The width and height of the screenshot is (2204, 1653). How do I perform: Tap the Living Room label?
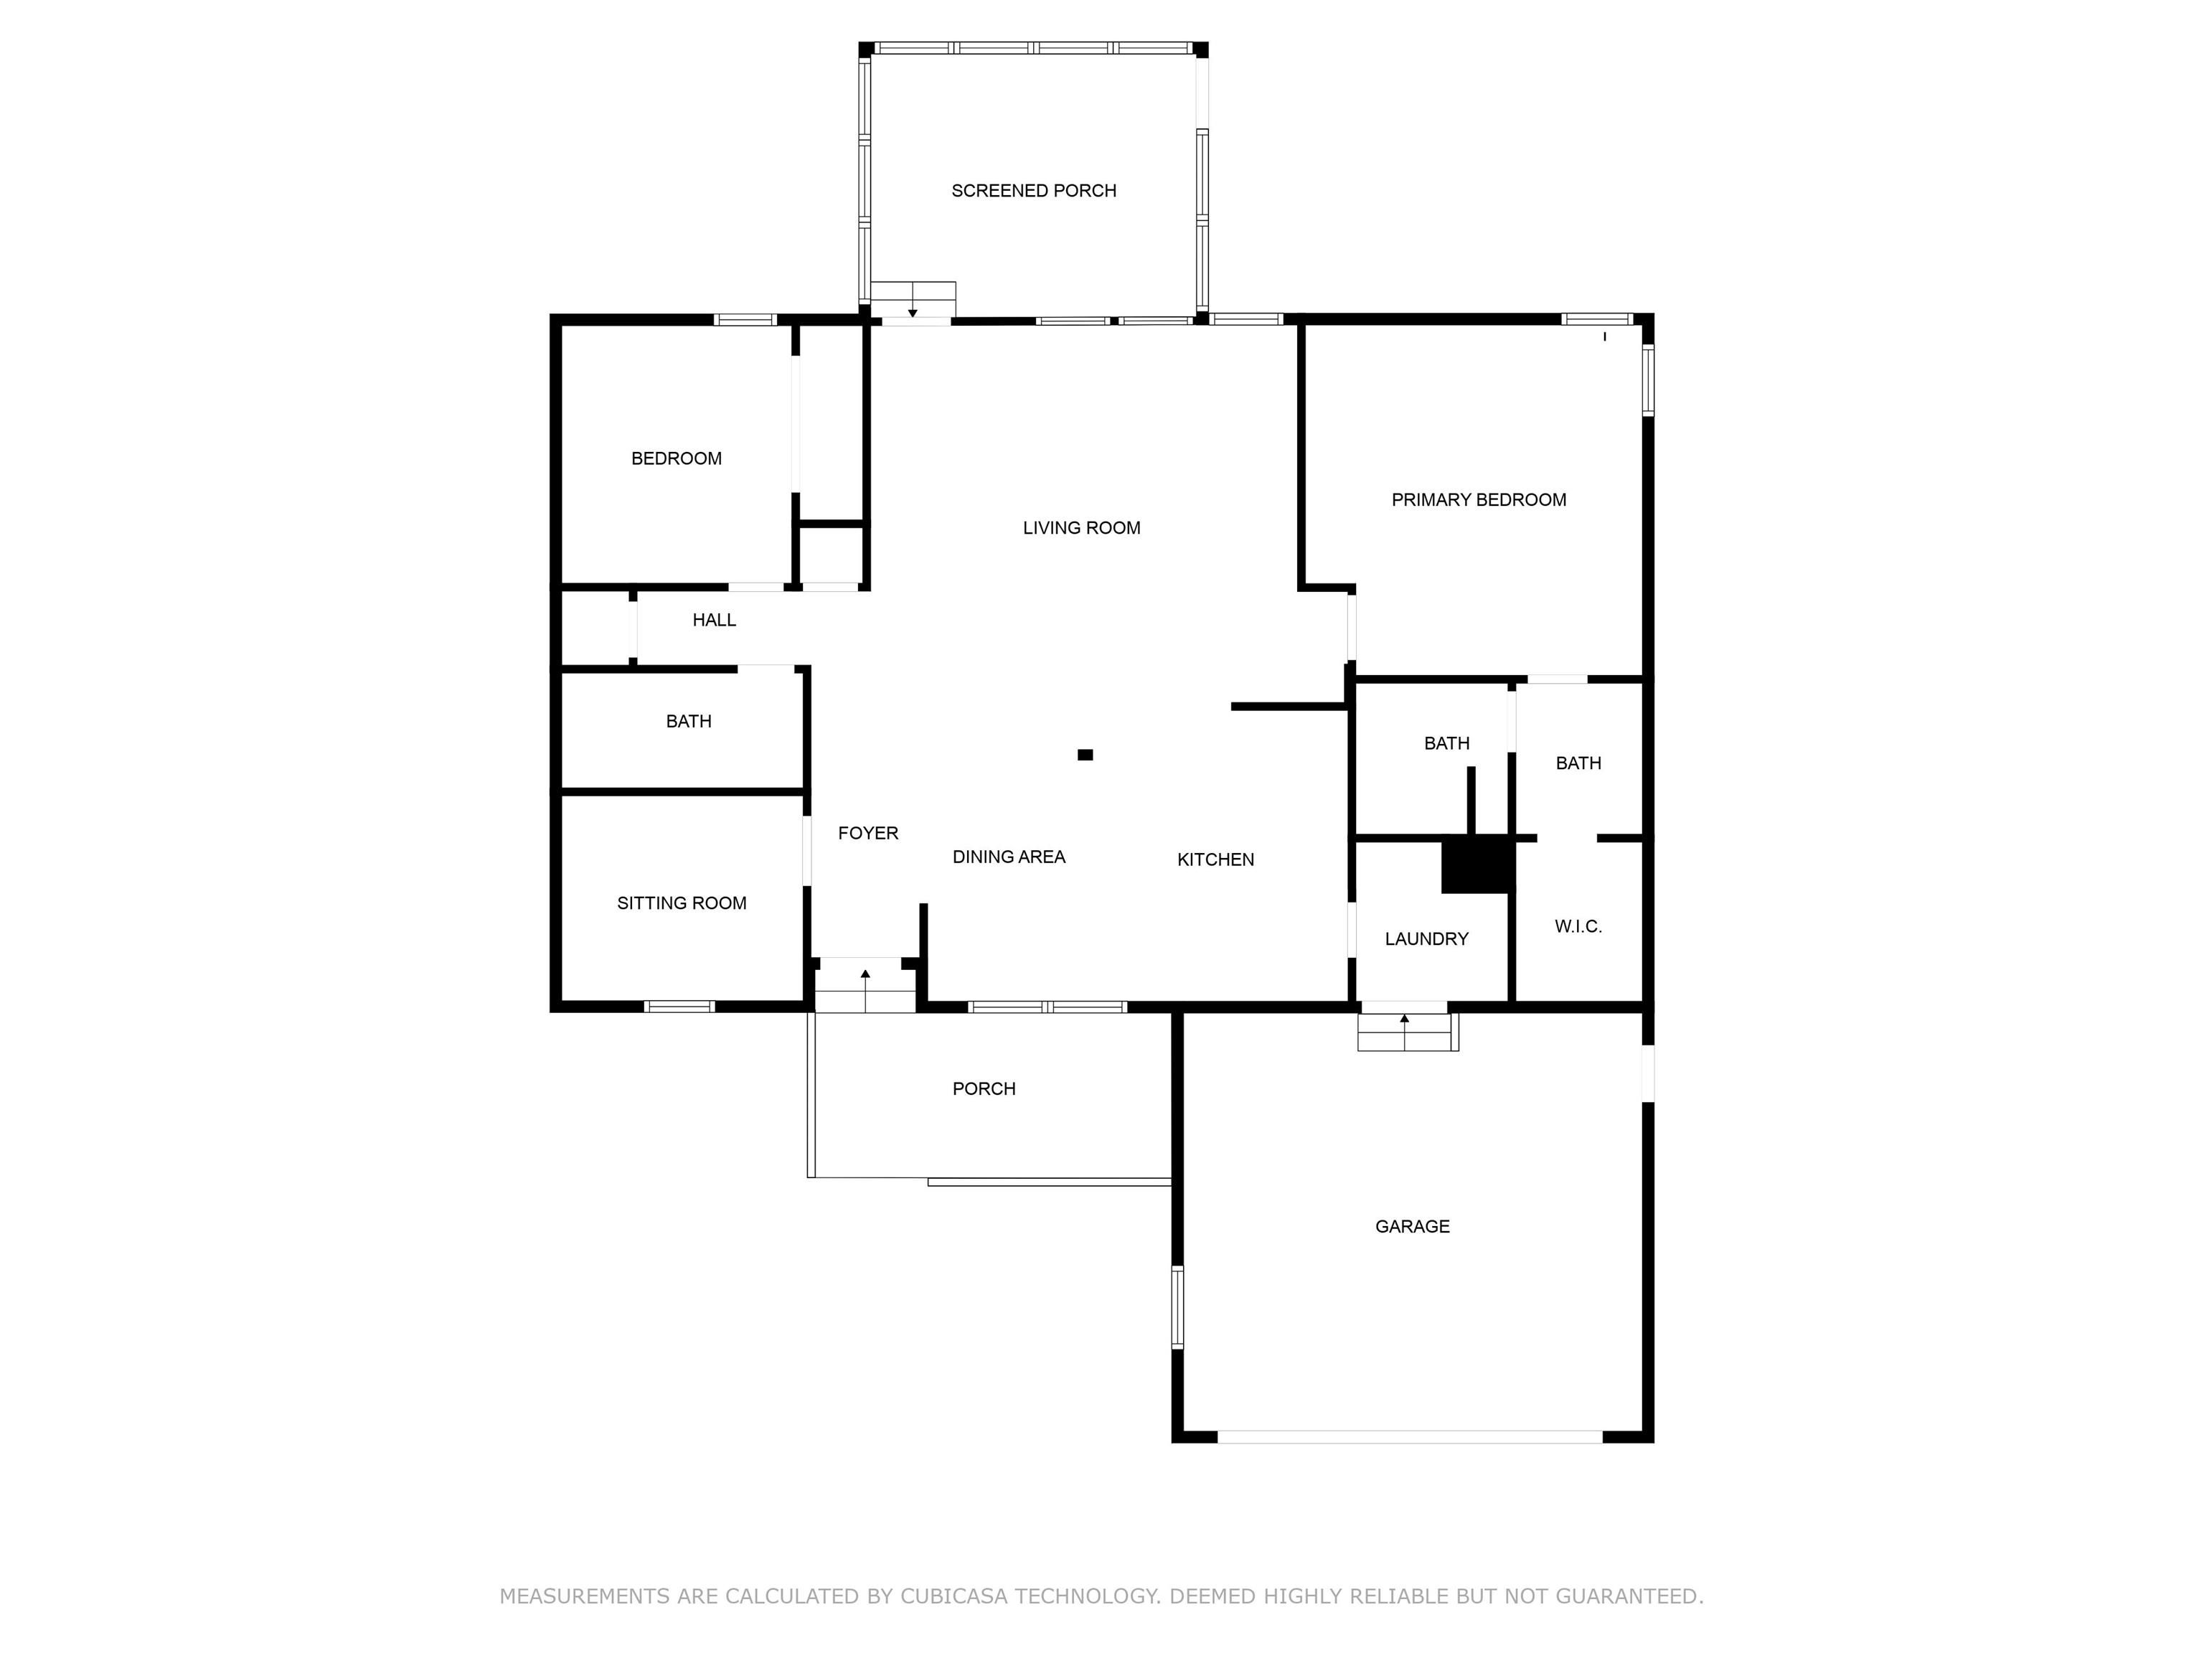[1081, 528]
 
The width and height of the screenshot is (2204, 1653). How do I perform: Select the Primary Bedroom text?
[1479, 500]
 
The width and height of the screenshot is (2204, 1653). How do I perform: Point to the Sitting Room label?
[682, 904]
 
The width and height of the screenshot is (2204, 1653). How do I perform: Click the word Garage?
[1412, 1227]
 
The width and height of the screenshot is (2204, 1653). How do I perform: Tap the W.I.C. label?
[1578, 927]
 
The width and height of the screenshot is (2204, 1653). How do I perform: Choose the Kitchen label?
[1215, 860]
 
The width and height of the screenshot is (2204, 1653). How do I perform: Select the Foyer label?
[868, 833]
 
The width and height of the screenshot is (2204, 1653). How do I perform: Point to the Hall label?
[715, 620]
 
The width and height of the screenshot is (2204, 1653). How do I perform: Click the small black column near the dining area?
[1085, 755]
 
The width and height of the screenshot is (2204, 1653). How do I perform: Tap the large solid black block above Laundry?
[1479, 865]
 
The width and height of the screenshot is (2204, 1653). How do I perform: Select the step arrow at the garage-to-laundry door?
[1405, 1031]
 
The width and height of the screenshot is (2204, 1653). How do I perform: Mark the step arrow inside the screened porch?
[913, 301]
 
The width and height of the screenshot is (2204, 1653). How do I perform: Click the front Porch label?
[984, 1089]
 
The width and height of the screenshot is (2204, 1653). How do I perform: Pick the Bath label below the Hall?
[689, 721]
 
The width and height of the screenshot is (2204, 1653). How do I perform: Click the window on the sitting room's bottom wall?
[679, 1007]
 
